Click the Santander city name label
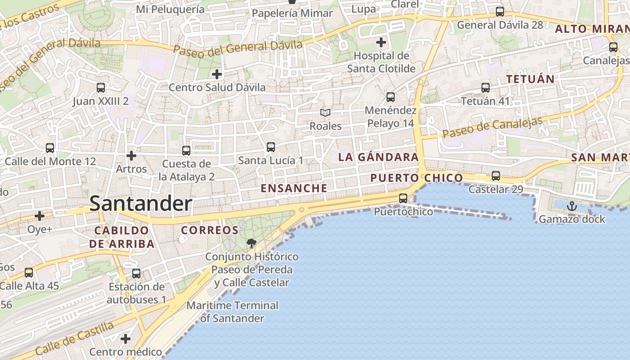point(140,204)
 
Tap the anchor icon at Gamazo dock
point(571,207)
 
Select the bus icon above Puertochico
point(403,198)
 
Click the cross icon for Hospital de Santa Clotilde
point(381,43)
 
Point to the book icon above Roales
point(325,113)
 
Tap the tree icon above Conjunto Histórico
point(252,243)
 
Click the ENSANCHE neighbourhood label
point(294,188)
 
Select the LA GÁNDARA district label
point(378,157)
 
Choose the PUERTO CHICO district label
point(416,178)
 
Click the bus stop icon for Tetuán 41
point(485,88)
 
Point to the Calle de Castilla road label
point(74,338)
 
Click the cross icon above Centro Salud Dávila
point(217,74)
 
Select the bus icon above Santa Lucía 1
point(270,147)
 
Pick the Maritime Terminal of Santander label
point(232,311)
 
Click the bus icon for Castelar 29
point(495,176)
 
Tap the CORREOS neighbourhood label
point(210,230)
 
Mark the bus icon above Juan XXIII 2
point(101,88)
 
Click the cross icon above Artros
point(131,156)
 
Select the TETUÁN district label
point(530,79)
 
